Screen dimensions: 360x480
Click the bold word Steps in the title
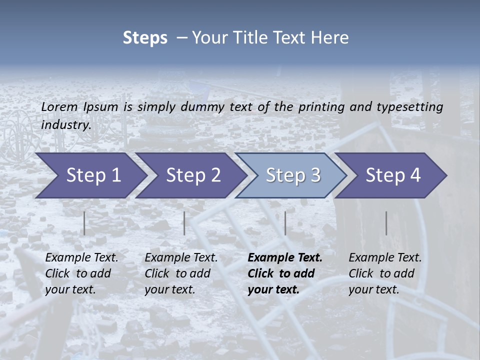145,38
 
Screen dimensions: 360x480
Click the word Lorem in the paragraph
59,106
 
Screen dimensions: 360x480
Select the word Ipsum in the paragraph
101,106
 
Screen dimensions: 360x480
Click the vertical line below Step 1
84,223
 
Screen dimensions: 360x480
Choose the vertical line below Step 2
184,223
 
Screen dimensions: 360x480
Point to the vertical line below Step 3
285,223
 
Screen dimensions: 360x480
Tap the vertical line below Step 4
386,223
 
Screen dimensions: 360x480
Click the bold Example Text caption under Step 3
285,273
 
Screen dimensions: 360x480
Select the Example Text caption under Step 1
81,273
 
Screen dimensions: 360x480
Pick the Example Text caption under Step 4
385,273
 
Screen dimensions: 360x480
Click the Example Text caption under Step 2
181,273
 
